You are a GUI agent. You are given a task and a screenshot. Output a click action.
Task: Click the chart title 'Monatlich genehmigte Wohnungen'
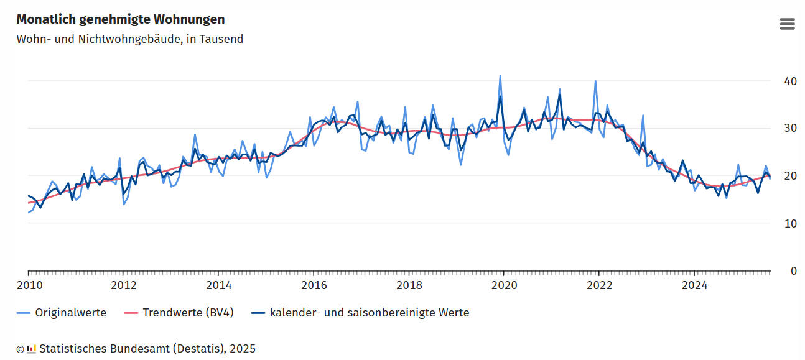click(121, 20)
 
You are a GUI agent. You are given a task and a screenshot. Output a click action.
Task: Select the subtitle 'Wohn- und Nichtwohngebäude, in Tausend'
click(129, 39)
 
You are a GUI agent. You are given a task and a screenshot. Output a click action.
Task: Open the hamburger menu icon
click(787, 24)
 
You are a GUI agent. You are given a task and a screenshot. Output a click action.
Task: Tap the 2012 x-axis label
click(123, 285)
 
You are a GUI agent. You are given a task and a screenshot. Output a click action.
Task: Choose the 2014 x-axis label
click(218, 285)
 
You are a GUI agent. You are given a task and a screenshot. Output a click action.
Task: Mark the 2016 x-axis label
click(314, 285)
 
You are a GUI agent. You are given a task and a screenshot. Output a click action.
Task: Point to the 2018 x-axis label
click(409, 285)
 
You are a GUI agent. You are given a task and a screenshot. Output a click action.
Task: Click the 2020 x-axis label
click(504, 285)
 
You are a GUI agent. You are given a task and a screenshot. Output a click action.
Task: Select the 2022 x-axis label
click(599, 285)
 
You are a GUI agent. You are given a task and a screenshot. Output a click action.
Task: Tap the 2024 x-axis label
click(694, 285)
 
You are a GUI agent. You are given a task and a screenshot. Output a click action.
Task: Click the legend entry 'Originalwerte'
click(70, 313)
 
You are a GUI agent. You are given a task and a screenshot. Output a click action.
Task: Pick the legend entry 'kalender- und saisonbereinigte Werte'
click(369, 313)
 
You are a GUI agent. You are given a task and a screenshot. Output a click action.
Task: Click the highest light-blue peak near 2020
click(500, 76)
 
